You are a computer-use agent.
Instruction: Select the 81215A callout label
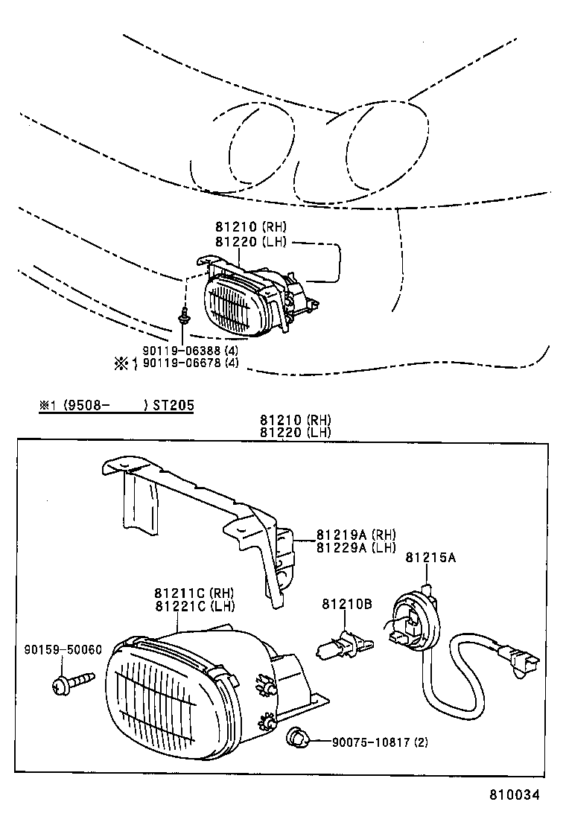click(430, 557)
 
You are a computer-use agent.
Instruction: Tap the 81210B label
click(346, 605)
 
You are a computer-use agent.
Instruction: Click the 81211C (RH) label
click(194, 593)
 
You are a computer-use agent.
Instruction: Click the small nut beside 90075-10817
click(296, 739)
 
